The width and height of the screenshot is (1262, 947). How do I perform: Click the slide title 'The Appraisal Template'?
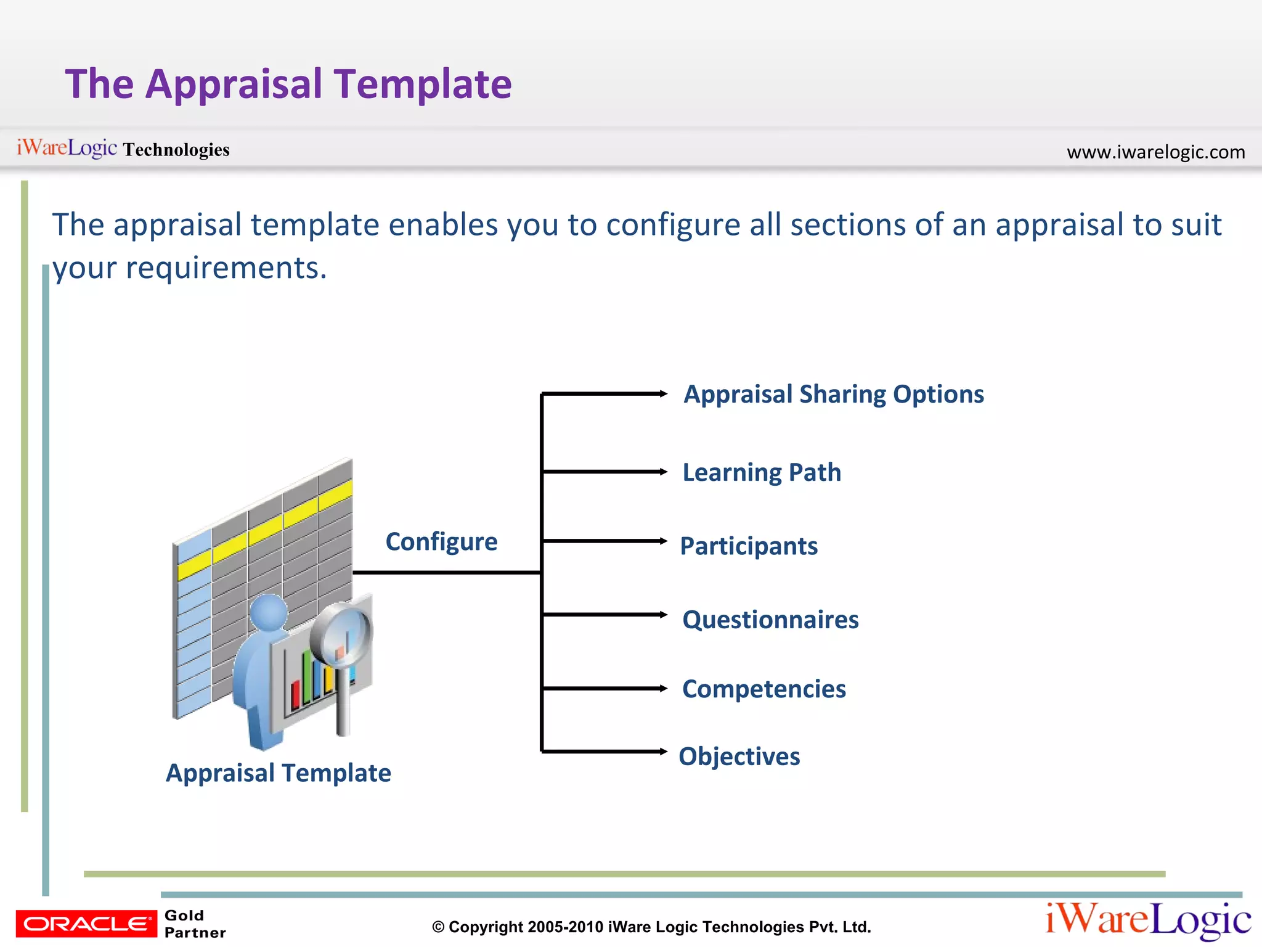(288, 84)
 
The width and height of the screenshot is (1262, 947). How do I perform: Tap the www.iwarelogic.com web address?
(1155, 152)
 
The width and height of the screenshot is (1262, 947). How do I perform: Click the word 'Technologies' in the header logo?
(176, 150)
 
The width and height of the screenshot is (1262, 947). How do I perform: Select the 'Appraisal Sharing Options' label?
(834, 394)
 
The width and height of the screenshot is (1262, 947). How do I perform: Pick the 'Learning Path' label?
(762, 472)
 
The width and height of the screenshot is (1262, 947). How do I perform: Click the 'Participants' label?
(749, 546)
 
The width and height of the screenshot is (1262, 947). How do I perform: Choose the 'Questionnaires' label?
(770, 620)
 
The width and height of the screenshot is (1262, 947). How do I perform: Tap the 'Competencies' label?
(764, 689)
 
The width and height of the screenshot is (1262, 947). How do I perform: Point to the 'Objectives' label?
(739, 756)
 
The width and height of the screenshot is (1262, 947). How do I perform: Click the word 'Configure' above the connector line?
(441, 541)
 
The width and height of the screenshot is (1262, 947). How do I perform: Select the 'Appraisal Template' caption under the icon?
(279, 773)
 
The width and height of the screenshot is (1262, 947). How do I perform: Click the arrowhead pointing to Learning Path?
(663, 472)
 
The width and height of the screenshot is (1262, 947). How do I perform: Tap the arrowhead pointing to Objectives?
(663, 751)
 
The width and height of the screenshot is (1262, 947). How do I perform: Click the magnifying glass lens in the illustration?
(342, 635)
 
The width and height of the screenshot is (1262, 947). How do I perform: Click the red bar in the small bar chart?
(295, 694)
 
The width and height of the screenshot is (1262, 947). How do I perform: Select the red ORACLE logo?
(86, 924)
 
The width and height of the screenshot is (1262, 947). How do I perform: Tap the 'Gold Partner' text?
(194, 924)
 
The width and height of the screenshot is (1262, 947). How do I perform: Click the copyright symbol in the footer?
(438, 927)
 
